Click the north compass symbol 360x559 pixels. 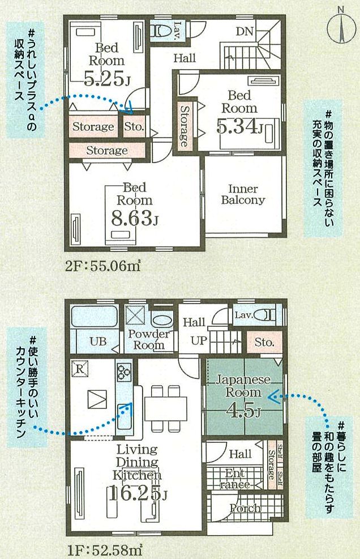pos(341,25)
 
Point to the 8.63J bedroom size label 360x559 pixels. pos(135,218)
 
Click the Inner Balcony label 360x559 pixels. pos(243,194)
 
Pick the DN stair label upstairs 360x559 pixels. pos(244,31)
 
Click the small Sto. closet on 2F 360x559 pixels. pos(134,127)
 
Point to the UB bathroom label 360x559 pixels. pos(98,342)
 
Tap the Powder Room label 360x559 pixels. pos(148,339)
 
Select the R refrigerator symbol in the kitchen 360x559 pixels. pos(80,369)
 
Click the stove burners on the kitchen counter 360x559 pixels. pos(124,372)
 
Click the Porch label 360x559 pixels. pos(245,508)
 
